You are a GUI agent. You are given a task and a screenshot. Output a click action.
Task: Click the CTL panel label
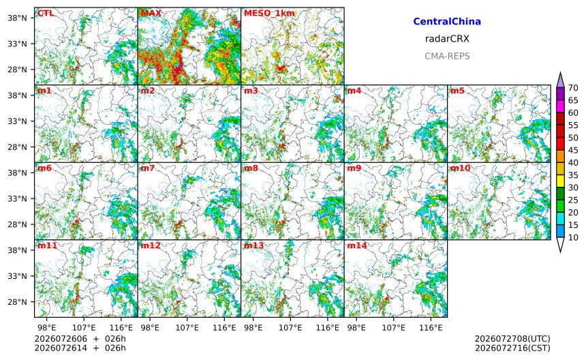(x=46, y=13)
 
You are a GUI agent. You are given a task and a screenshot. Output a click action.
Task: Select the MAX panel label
(x=151, y=13)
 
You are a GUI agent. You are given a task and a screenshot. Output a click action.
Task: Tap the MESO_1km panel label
(x=269, y=14)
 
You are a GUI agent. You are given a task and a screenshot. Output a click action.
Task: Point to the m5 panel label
(x=457, y=91)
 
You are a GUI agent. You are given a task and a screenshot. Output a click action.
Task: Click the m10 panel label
(x=460, y=168)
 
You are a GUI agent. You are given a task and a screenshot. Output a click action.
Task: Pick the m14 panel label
(x=357, y=245)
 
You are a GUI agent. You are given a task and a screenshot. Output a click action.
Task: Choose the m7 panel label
(x=148, y=168)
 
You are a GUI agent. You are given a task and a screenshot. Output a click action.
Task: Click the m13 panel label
(x=253, y=245)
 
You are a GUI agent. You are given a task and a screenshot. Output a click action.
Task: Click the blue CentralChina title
(x=447, y=21)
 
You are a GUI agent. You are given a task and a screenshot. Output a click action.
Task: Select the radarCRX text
(x=447, y=38)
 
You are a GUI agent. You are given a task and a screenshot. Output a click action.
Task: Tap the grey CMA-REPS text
(x=447, y=56)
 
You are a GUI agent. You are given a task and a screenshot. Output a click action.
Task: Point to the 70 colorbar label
(x=573, y=87)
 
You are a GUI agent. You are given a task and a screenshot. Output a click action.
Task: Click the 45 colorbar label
(x=573, y=150)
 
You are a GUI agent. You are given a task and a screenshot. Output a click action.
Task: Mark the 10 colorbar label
(x=573, y=237)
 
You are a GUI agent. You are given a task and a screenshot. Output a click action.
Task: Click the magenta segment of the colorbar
(x=560, y=106)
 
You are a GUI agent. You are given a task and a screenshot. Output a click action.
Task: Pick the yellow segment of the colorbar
(x=560, y=181)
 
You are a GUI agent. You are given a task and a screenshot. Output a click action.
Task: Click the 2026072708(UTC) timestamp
(x=512, y=339)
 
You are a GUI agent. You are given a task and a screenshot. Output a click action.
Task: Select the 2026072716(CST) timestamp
(x=512, y=348)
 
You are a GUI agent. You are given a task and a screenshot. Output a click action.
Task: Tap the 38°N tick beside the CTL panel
(x=17, y=18)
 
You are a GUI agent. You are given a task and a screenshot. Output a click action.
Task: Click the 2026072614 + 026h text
(x=80, y=348)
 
